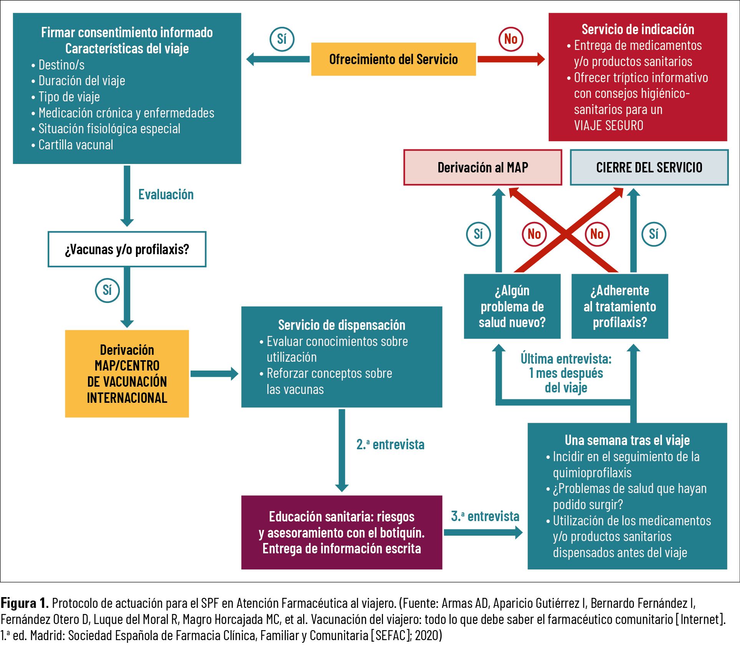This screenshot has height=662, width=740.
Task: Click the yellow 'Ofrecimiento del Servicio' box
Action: coord(393,59)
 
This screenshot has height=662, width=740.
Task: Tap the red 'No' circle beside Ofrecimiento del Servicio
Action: coord(511,39)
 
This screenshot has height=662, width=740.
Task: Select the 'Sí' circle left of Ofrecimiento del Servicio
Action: coord(282,39)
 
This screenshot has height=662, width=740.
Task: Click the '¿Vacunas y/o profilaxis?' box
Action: coord(127,249)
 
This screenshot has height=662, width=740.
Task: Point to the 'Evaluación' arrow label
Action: coord(166,195)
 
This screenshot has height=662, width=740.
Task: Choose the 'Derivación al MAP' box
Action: coord(483,167)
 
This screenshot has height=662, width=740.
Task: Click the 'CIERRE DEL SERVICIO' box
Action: coord(649,167)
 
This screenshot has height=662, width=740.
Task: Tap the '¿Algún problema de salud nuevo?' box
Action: coord(512,306)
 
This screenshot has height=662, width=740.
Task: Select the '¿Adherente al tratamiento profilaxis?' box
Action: coord(620,306)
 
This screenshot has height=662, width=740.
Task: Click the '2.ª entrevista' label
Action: coord(390,445)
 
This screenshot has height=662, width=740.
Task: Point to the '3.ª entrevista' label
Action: coord(485,516)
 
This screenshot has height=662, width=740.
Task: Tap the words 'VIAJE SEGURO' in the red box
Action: coord(609,126)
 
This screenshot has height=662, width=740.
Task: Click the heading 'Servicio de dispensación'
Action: coord(342,325)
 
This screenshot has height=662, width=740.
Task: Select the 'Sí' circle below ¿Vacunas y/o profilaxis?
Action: coord(107,290)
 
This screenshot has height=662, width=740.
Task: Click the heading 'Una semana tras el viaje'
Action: coord(627,440)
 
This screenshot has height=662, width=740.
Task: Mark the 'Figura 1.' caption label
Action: coord(25,603)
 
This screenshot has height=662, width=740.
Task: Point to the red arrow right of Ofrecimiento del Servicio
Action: coord(511,59)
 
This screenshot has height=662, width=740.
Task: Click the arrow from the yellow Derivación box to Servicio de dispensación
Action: coord(214,374)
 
